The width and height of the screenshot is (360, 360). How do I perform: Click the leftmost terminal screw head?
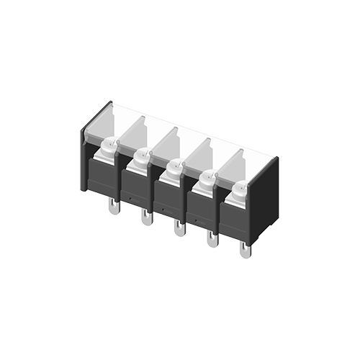[109, 147]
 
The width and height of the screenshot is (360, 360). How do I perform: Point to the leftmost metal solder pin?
[114, 207]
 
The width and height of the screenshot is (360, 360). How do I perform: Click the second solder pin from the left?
[146, 217]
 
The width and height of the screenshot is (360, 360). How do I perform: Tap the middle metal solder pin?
[178, 228]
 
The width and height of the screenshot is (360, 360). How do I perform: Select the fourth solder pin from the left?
[211, 240]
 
